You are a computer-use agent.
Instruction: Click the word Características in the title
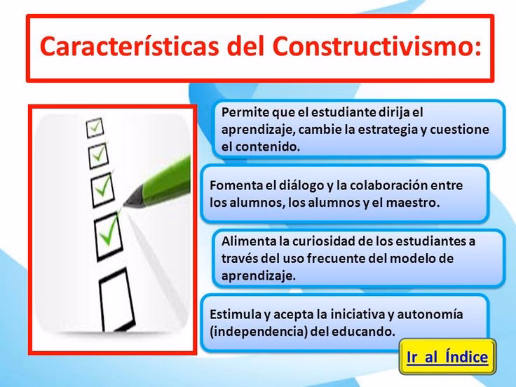pos(129,46)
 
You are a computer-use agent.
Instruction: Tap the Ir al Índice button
pos(447,357)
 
